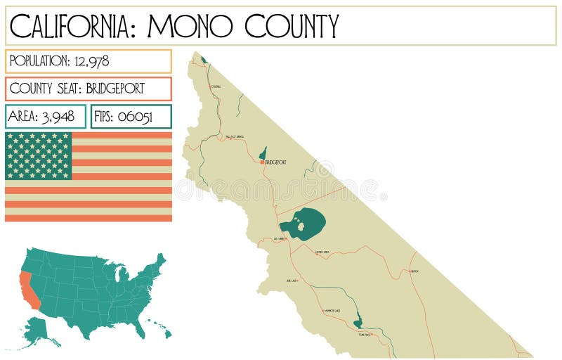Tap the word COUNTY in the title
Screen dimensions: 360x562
(292, 26)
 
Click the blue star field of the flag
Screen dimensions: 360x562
(39, 155)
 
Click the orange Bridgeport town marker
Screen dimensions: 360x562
(263, 162)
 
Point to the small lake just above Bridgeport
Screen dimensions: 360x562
(263, 153)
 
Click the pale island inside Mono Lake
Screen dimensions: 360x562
(301, 226)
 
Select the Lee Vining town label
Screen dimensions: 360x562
(280, 239)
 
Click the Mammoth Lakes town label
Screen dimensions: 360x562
(331, 310)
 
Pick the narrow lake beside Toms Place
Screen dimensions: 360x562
(358, 321)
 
